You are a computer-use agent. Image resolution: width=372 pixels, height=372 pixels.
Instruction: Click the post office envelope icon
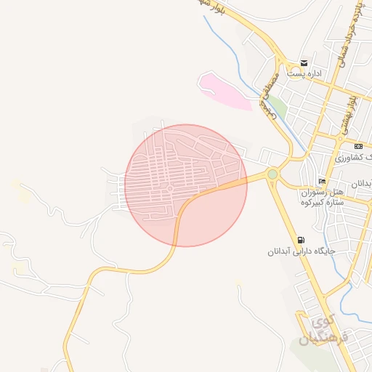click(304, 63)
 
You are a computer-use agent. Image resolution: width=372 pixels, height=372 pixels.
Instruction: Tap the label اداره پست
click(304, 74)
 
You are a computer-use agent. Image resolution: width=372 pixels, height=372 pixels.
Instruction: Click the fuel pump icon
click(301, 240)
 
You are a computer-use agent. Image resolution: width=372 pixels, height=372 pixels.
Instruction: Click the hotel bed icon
click(322, 181)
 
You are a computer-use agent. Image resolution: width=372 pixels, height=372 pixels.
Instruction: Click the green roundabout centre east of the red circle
click(272, 174)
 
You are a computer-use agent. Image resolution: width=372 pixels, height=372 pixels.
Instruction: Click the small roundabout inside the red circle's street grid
click(169, 190)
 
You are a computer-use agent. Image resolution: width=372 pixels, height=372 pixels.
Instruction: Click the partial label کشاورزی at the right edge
click(356, 157)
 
